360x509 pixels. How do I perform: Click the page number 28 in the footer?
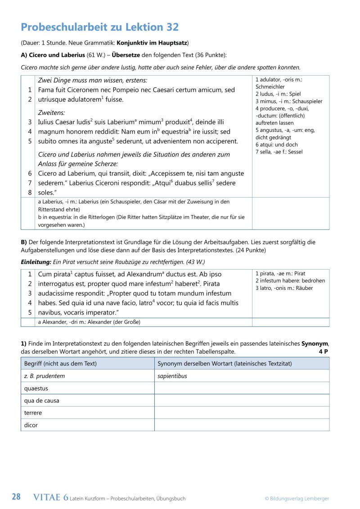point(16,497)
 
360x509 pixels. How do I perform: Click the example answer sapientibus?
point(172,376)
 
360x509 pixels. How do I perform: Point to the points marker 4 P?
point(324,351)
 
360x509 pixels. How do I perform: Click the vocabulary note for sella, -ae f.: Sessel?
point(279,152)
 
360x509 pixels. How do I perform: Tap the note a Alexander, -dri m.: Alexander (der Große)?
point(89,322)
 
